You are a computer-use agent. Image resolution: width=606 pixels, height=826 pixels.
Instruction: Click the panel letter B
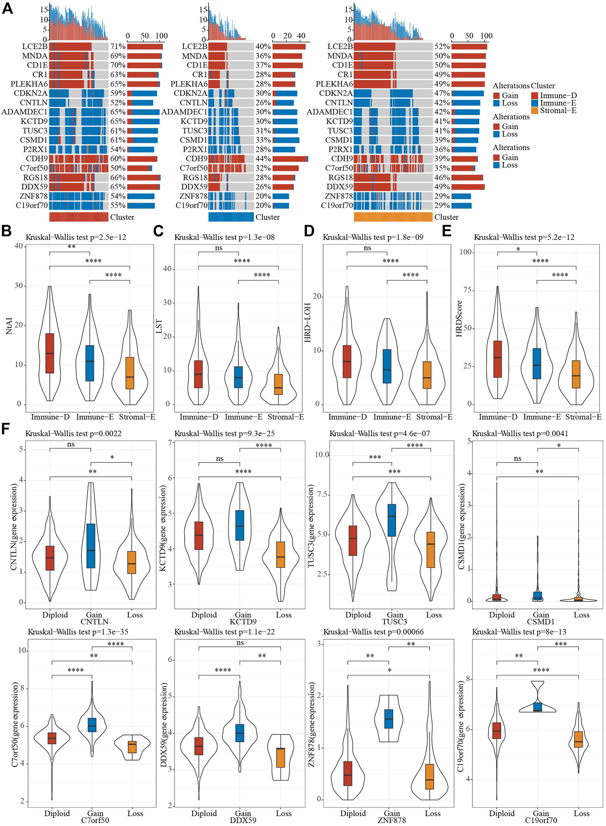pos(6,231)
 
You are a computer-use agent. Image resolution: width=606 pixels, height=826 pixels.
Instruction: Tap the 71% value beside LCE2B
pos(118,47)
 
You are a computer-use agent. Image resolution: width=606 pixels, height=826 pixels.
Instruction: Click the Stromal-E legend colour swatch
pos(534,111)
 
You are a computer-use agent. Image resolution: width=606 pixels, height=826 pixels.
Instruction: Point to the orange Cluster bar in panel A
pos(393,217)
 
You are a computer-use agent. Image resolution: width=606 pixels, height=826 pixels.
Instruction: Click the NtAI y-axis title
pos(9,326)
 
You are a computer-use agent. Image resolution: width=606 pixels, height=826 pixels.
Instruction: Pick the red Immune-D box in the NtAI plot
pos(50,353)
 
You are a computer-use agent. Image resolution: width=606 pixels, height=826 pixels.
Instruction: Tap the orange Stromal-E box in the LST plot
pos(278,384)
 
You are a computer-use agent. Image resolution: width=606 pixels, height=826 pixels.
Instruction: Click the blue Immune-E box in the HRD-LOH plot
pos(387,366)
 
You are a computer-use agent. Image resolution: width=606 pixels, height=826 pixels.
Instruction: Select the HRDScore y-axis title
pos(459,319)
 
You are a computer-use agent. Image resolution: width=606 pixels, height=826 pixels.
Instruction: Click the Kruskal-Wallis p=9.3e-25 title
pos(224,433)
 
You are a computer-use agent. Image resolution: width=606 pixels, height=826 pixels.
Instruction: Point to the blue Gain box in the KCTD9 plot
pos(240,525)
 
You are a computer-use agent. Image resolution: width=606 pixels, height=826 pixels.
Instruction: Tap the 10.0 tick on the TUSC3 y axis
pos(322,455)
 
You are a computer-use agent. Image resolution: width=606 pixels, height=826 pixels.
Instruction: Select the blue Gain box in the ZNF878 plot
pos(389,719)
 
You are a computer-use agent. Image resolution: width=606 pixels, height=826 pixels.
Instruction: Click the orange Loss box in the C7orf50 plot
pos(132,748)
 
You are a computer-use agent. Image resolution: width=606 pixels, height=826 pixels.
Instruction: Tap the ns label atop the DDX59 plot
pos(240,643)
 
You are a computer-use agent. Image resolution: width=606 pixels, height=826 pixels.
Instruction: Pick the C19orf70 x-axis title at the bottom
pos(541,820)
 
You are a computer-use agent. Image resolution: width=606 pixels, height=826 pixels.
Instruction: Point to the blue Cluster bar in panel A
pos(231,217)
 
